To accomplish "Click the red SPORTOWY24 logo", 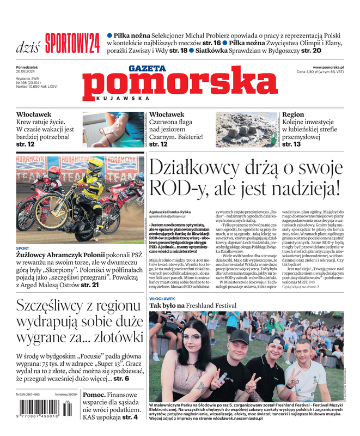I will pos(72,40).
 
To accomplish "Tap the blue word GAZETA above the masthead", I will pos(147,69).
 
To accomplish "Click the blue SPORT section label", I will pos(23,249).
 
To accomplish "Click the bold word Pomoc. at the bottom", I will pos(94,394).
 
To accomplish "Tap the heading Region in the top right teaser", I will pos(293,114).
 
